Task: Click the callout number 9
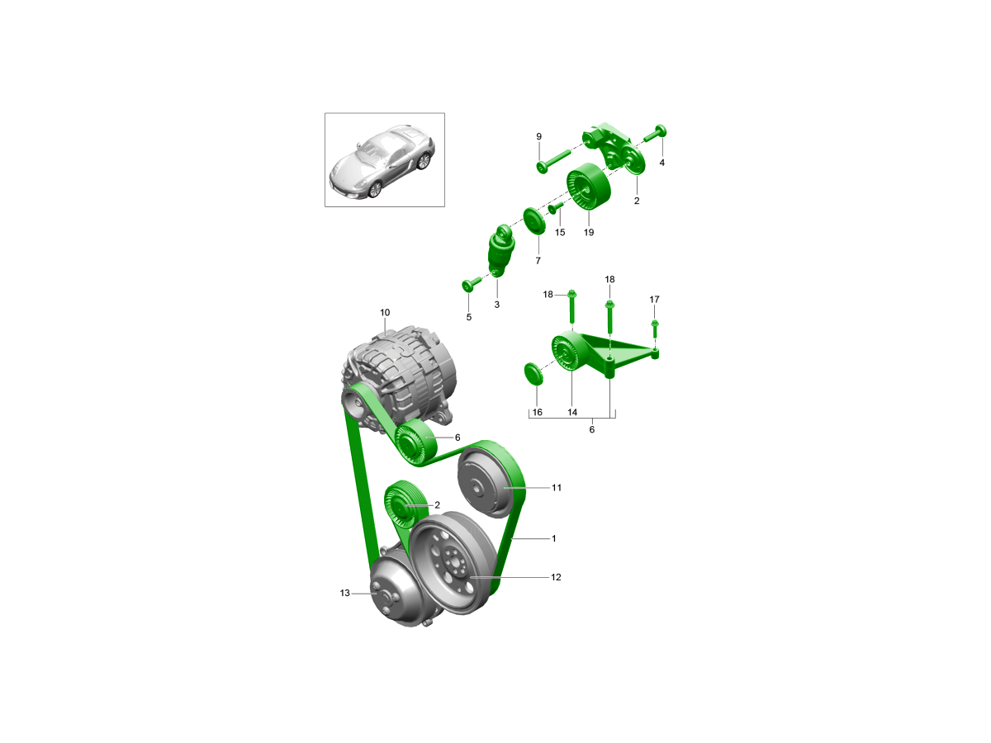[538, 136]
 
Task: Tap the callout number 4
[661, 163]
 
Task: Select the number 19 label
[589, 232]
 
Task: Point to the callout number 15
[560, 232]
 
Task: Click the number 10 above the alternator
[385, 312]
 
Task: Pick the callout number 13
[345, 593]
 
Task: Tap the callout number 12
[556, 577]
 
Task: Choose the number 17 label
[654, 299]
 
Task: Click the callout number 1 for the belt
[554, 538]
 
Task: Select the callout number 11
[557, 487]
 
